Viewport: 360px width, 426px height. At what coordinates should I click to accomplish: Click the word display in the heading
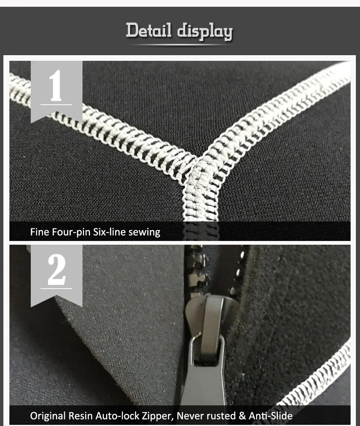(x=205, y=31)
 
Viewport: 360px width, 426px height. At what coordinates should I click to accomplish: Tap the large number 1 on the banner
(x=56, y=85)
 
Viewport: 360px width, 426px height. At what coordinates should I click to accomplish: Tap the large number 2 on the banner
(x=57, y=270)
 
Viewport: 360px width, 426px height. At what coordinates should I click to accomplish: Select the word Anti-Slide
(x=271, y=416)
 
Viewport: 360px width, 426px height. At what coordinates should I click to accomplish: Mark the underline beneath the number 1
(x=56, y=105)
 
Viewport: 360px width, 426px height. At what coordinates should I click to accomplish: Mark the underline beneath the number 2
(x=56, y=289)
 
